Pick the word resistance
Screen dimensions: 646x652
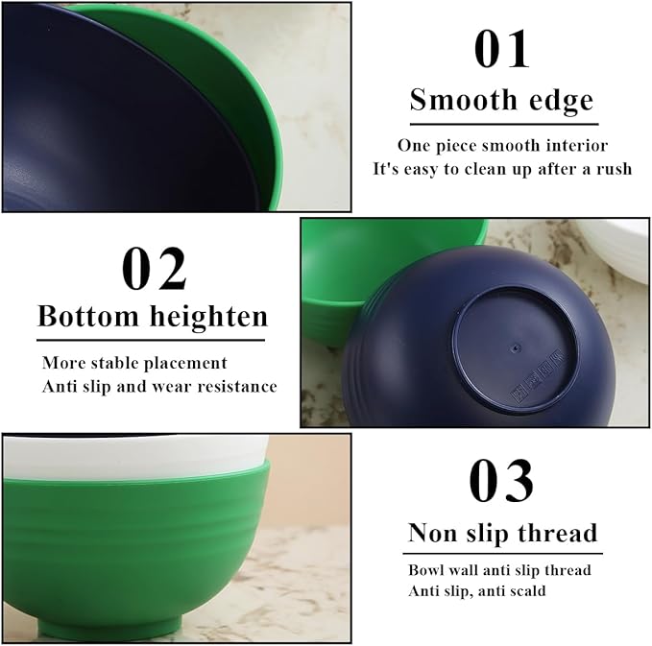[x=234, y=386]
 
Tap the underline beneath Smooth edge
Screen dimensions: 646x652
[x=502, y=124]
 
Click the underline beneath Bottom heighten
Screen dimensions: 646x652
[x=151, y=339]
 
